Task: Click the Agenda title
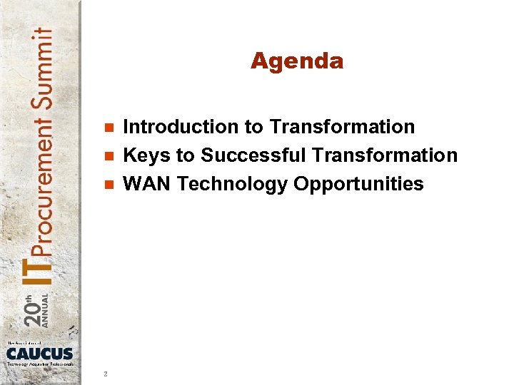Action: [x=297, y=61]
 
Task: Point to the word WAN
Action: [x=147, y=184]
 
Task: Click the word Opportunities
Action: [x=358, y=185]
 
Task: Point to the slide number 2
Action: [x=105, y=373]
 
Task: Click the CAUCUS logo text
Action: [x=40, y=354]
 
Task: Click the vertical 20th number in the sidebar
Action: [x=32, y=309]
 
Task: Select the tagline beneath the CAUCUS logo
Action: [x=40, y=364]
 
